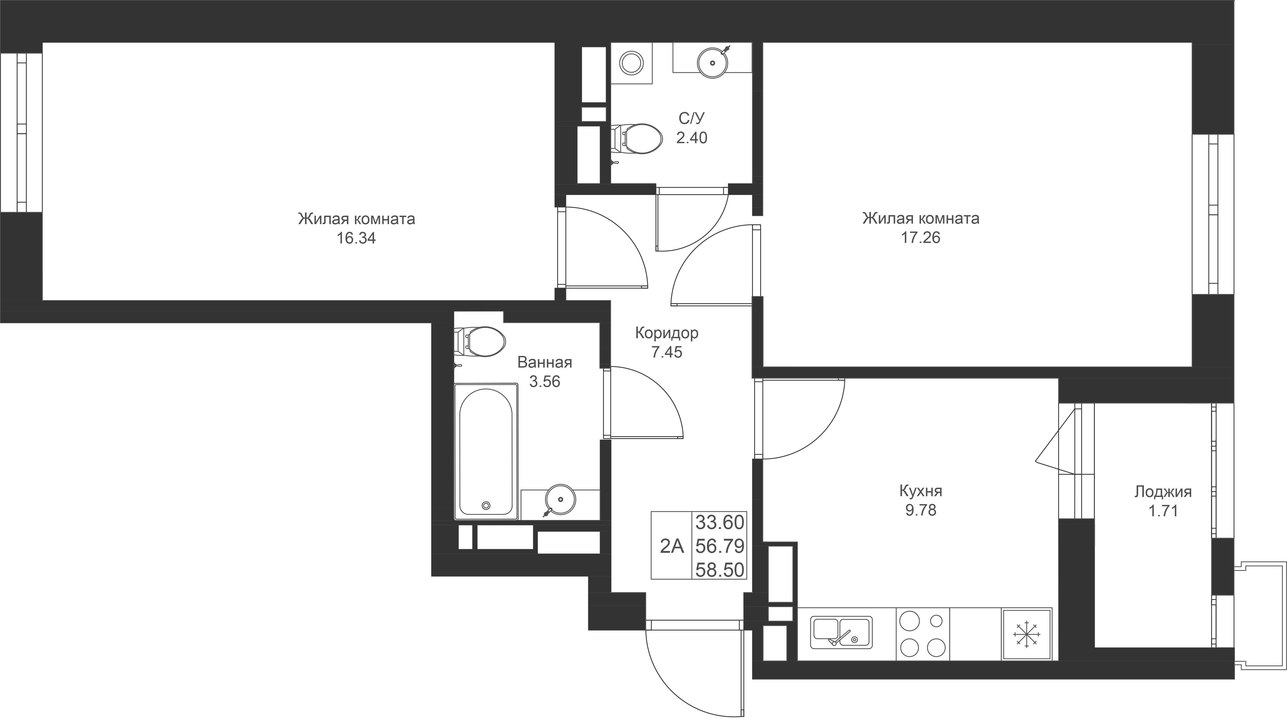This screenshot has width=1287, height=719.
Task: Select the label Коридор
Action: pos(667,333)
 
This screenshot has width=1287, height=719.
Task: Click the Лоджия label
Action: pos(1163,492)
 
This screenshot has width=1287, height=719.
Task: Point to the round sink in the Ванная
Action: pos(560,499)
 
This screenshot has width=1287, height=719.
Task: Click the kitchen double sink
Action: pos(841,632)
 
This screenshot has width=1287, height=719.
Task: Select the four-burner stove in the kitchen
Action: pos(922,634)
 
